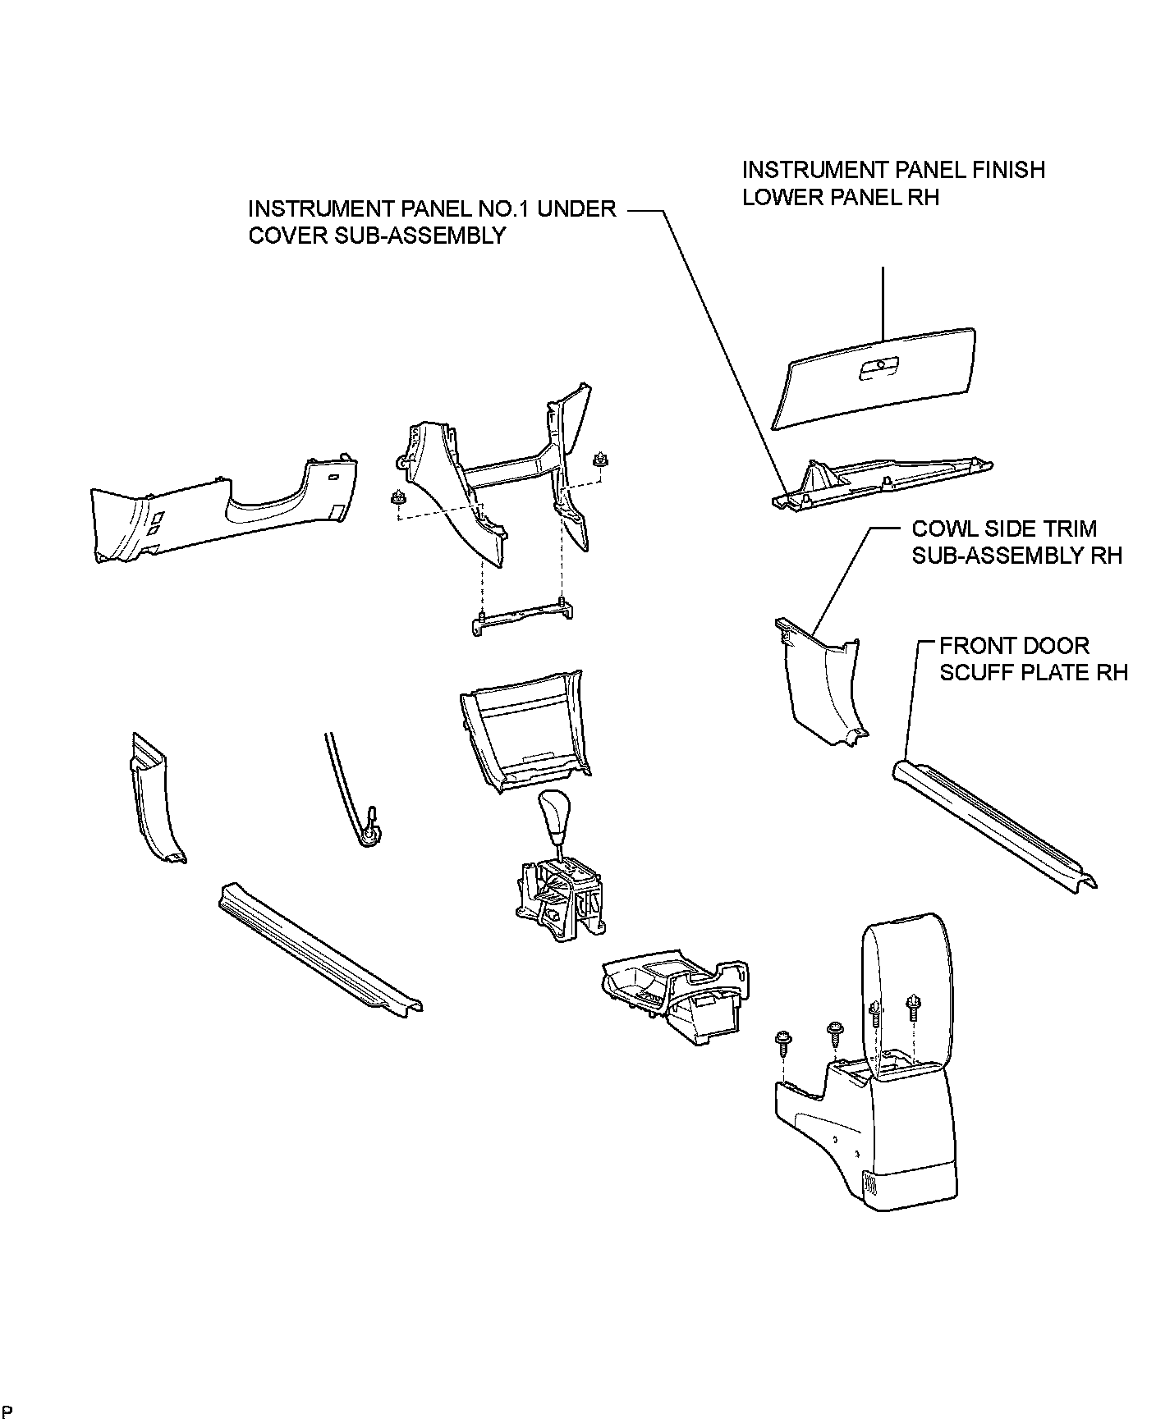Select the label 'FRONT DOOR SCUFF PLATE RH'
click(1033, 659)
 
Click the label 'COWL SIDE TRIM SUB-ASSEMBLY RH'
click(1016, 542)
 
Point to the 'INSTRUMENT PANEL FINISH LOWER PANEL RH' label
click(893, 183)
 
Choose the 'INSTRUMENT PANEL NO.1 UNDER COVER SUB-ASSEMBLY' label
click(432, 222)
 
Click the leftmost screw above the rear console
click(782, 1042)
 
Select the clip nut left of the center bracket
click(399, 498)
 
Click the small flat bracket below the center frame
click(522, 616)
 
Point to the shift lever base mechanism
click(558, 899)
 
